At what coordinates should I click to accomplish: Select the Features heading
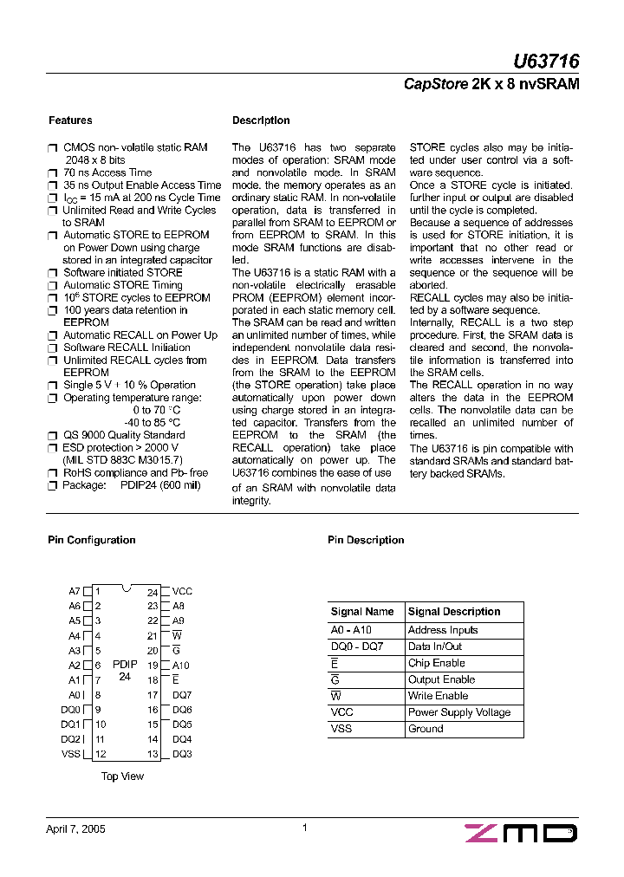point(69,120)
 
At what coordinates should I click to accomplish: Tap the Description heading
point(261,120)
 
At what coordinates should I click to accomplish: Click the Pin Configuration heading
point(91,540)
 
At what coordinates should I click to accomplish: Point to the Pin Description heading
point(366,540)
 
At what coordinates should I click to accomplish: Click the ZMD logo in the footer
point(521,833)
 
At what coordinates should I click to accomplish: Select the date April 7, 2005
point(75,828)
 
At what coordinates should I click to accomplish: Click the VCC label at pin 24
point(182,592)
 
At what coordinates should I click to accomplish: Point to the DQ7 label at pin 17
point(182,695)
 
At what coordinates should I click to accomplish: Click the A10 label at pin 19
point(180,666)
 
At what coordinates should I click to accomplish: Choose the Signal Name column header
point(362,612)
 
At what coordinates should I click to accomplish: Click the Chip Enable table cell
point(437,663)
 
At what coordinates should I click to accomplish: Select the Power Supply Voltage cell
point(458,712)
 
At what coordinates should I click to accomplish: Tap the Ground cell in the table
point(426,729)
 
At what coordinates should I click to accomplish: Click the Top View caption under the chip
point(122,776)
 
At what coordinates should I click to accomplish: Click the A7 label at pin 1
point(75,592)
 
